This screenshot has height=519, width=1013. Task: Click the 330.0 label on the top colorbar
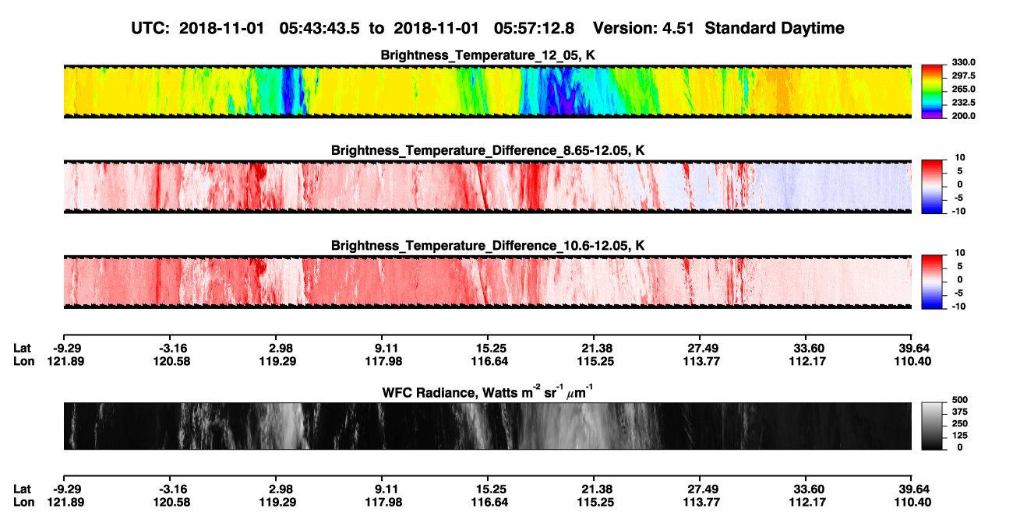coord(963,62)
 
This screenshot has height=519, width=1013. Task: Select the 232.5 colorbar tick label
coord(963,103)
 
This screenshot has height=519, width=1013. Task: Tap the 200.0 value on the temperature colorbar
coord(963,116)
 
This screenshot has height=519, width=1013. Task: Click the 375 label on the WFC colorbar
coord(960,412)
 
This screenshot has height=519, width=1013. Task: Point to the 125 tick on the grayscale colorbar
coord(960,436)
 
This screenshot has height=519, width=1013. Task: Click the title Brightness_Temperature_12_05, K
coord(488,55)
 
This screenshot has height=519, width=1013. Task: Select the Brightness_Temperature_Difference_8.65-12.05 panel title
coord(488,150)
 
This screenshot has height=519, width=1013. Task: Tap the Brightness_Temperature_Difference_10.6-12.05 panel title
coord(488,246)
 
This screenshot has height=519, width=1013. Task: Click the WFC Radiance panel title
coord(488,392)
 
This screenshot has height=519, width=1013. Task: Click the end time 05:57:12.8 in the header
coord(534,29)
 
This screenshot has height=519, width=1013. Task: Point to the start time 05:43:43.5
coord(319,29)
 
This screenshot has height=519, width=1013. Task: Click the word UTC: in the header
coord(150,29)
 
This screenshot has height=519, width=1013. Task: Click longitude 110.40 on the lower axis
coord(912,503)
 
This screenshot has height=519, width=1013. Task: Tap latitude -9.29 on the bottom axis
coord(67,489)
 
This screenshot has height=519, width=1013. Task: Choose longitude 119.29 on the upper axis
coord(277,361)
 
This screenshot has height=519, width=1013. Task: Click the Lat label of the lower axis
coord(22,489)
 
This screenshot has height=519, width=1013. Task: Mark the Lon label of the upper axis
coord(23,361)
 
